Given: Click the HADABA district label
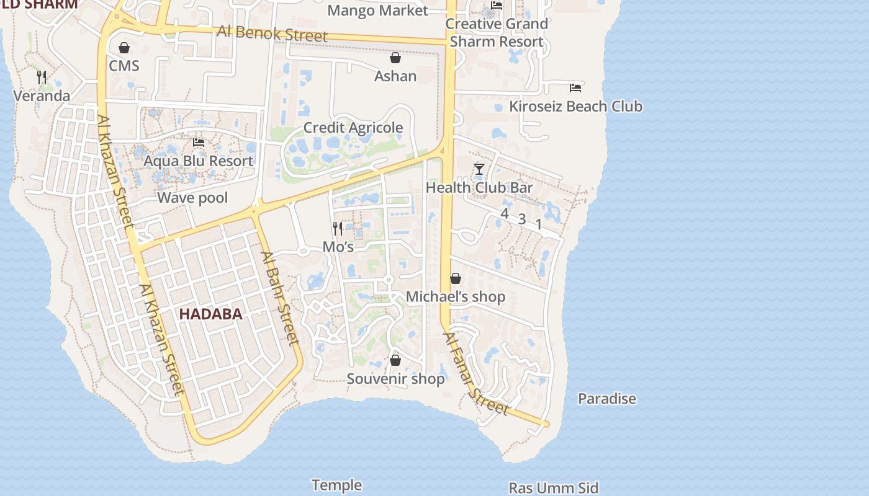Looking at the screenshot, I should point(210,314).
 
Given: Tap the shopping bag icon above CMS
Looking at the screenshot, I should point(124,48).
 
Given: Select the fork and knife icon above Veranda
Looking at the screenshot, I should point(42,77).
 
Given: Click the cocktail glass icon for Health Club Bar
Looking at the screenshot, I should point(479,169).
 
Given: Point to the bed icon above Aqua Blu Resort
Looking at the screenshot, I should point(199,143).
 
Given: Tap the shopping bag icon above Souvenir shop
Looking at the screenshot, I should point(395,360).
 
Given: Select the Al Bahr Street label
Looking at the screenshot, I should point(280,298).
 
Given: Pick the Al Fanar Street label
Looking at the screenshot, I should point(475,374).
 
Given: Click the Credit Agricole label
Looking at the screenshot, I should point(353,128).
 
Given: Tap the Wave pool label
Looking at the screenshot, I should point(192,198).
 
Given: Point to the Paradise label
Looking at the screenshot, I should point(607,399).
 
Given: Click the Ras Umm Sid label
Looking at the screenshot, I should point(554,488).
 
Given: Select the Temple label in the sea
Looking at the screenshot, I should point(336,485).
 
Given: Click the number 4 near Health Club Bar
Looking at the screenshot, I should point(504,214).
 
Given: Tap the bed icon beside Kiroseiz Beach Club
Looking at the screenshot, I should point(575,87).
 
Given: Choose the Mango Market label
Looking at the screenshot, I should point(377,11).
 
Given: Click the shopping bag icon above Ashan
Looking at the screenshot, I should point(395,58).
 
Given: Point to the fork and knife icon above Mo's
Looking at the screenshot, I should point(338,229).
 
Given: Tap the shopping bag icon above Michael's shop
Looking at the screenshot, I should point(456,278).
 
